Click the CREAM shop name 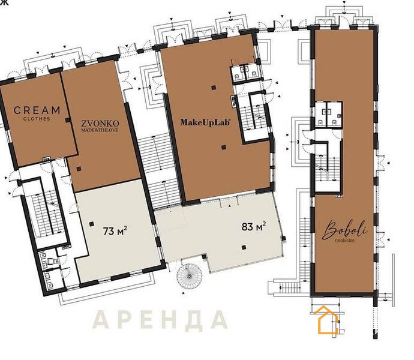(x=37, y=110)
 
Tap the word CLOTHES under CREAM (x=37, y=119)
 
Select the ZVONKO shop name (x=100, y=124)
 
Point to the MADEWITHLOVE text (x=100, y=130)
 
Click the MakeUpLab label (x=205, y=122)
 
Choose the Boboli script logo (x=345, y=230)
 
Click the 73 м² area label (x=115, y=231)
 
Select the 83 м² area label (x=253, y=226)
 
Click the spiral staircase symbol (x=190, y=276)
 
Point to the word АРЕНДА (x=160, y=319)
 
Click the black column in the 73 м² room (x=92, y=224)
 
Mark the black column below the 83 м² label (x=244, y=247)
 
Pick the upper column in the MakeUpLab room (x=214, y=88)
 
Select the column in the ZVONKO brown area (x=79, y=169)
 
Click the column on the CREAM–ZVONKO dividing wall (x=68, y=120)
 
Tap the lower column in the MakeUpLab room (x=224, y=147)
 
